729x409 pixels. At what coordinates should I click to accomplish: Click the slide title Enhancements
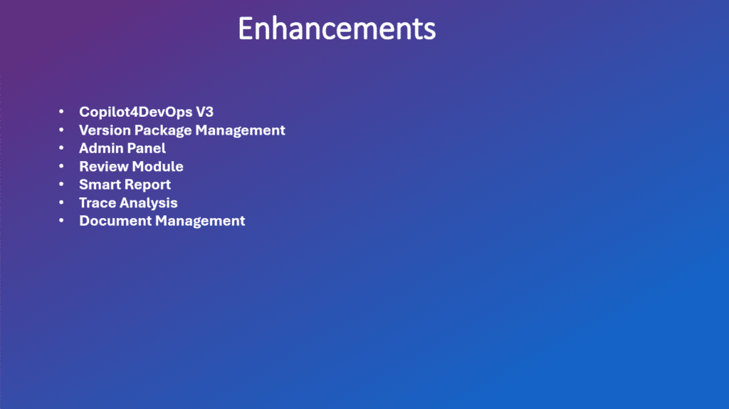[337, 29]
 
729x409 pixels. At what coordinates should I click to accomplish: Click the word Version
[105, 130]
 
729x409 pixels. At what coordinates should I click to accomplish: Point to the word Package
[163, 130]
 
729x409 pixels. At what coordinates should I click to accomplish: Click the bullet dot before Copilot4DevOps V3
[61, 111]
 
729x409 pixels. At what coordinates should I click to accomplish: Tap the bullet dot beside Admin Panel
[61, 147]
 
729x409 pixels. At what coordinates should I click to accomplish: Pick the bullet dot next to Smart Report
[61, 184]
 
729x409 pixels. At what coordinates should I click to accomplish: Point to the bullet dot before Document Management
[61, 220]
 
